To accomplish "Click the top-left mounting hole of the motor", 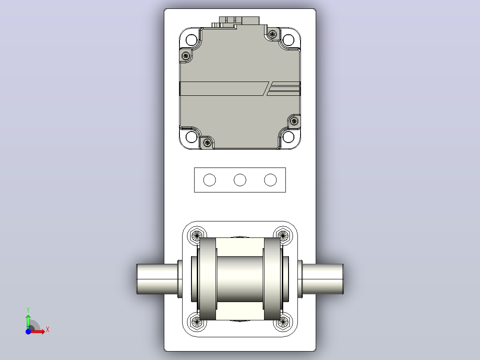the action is point(191,40).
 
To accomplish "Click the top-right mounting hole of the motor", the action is point(288,40).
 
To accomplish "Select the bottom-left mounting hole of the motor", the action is point(191,137).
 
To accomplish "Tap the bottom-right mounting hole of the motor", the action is point(288,137).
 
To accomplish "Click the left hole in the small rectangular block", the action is point(210,180).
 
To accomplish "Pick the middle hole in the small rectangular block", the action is point(240,180).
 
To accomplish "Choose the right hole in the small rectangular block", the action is point(270,180).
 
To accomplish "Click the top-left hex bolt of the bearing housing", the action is point(196,235).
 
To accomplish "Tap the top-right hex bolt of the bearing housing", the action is point(283,235).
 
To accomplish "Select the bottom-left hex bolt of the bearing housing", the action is point(196,322).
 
